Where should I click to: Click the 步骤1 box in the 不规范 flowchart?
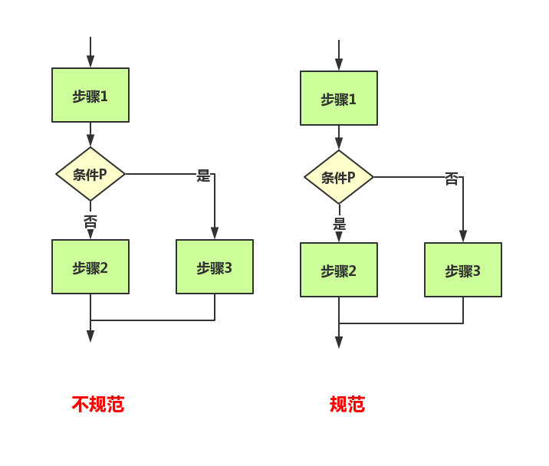pyautogui.click(x=90, y=95)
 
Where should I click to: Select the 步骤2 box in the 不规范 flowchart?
pyautogui.click(x=90, y=267)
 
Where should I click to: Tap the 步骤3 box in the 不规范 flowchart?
pyautogui.click(x=215, y=267)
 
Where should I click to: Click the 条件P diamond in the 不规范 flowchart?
pyautogui.click(x=90, y=174)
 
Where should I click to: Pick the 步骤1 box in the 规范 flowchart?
pyautogui.click(x=339, y=98)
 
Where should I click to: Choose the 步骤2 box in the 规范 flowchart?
pyautogui.click(x=339, y=270)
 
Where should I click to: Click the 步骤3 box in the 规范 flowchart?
pyautogui.click(x=463, y=270)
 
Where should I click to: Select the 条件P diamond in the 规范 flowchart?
pyautogui.click(x=339, y=177)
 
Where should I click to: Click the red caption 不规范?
pyautogui.click(x=98, y=404)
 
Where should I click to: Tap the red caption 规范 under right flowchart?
pyautogui.click(x=347, y=404)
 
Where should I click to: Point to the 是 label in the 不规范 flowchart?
pyautogui.click(x=203, y=176)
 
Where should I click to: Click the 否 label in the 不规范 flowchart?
pyautogui.click(x=90, y=222)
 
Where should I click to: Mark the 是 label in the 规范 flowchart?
pyautogui.click(x=339, y=224)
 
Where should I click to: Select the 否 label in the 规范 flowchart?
pyautogui.click(x=452, y=179)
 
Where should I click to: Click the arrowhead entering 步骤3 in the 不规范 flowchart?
pyautogui.click(x=215, y=233)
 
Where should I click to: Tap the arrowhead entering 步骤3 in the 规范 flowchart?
pyautogui.click(x=463, y=236)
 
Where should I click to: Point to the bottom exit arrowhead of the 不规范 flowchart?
pyautogui.click(x=90, y=336)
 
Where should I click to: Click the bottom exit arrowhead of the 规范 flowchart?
pyautogui.click(x=339, y=342)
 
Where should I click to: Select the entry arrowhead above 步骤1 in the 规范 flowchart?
pyautogui.click(x=339, y=65)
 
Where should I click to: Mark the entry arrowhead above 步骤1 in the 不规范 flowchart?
pyautogui.click(x=90, y=62)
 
